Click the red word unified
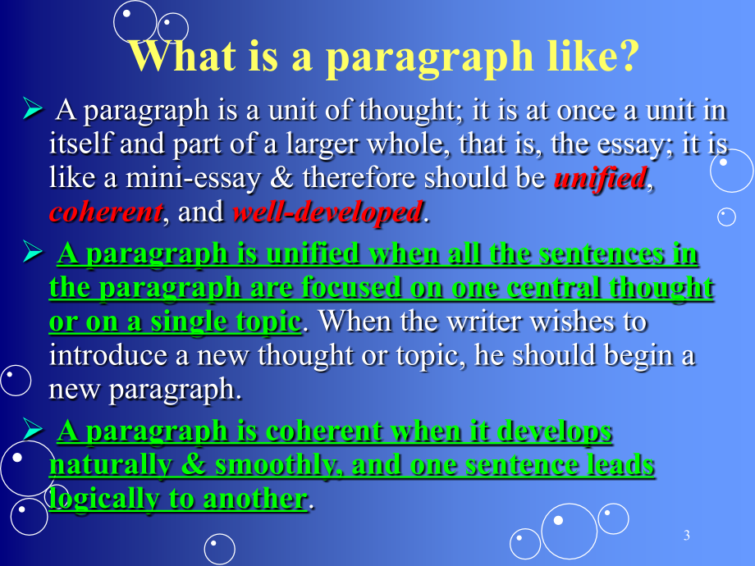click(x=601, y=178)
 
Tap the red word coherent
click(x=106, y=212)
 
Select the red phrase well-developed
click(x=327, y=212)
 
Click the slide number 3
click(x=687, y=535)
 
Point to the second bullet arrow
click(x=33, y=252)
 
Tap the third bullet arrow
click(x=33, y=429)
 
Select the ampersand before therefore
click(x=281, y=178)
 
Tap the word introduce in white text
click(x=108, y=356)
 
